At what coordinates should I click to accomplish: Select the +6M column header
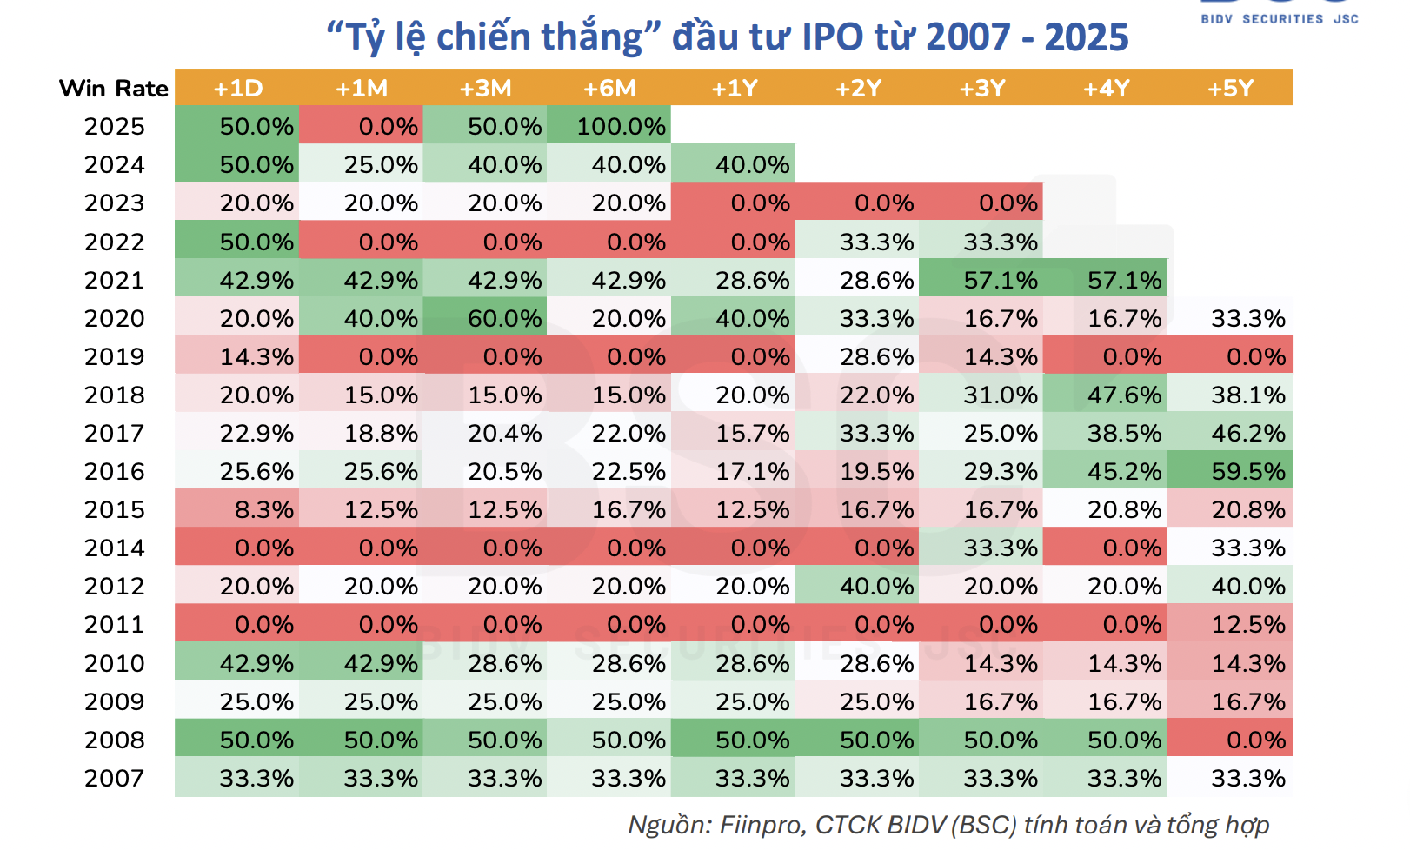(609, 89)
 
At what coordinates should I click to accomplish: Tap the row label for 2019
(114, 357)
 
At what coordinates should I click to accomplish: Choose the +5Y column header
(1230, 89)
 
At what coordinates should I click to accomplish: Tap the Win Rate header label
(114, 89)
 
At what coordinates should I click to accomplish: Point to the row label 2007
(114, 779)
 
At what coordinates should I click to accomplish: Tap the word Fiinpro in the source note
(759, 825)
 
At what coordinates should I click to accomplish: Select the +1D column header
(237, 89)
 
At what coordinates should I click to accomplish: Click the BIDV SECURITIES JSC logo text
(1279, 18)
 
